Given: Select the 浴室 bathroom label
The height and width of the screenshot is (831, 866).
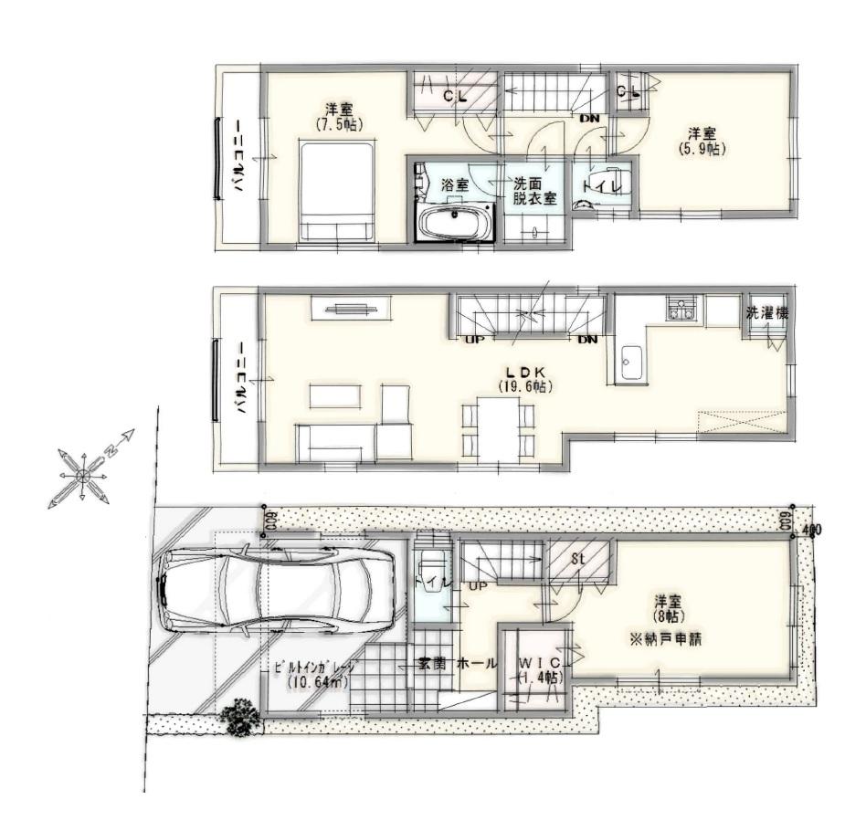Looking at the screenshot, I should coord(456,184).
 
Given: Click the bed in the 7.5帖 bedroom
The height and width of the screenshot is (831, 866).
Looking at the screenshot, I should coord(337,192).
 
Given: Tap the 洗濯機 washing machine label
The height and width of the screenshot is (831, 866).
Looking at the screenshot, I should coord(766,313).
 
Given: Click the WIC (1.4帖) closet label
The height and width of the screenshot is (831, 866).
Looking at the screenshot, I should coord(540,669).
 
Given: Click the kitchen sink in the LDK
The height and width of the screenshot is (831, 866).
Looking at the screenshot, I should coord(631,364).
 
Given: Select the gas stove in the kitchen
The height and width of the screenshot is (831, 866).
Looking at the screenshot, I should coord(681,310).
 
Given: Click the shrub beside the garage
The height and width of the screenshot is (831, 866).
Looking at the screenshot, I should coord(240,717).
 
